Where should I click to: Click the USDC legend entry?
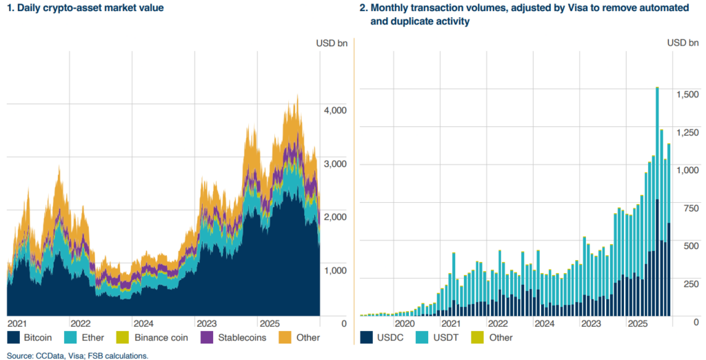(386, 338)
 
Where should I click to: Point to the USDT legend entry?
(438, 338)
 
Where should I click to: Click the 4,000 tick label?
(336, 110)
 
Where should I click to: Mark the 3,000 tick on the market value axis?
(336, 164)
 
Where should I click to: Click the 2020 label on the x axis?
(404, 323)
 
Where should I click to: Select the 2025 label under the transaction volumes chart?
(638, 323)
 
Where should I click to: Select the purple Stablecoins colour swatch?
(206, 338)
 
